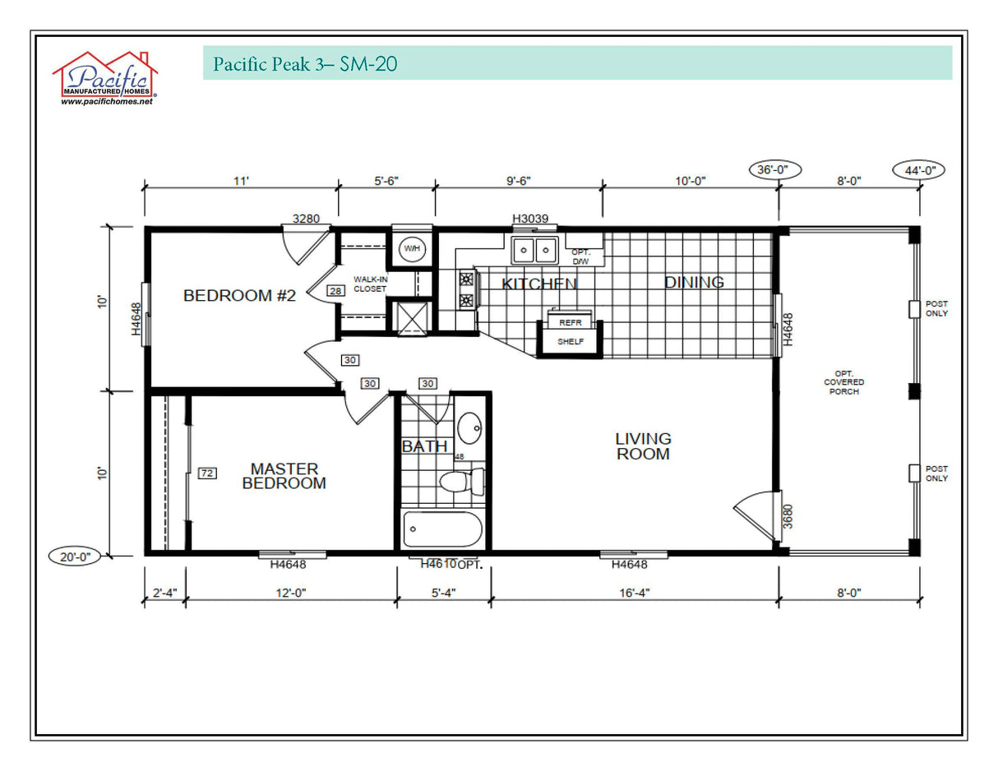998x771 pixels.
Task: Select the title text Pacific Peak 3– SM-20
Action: (x=306, y=64)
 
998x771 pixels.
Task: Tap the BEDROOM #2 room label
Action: (x=239, y=295)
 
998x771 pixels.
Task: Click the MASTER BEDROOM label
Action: (x=284, y=476)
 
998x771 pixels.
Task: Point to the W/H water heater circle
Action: (x=411, y=248)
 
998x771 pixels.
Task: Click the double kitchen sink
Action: (x=534, y=249)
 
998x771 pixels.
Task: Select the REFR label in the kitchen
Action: (x=570, y=323)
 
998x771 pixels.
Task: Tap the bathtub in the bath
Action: (x=442, y=530)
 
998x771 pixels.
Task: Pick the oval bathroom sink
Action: (x=470, y=428)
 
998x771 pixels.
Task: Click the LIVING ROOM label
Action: (x=643, y=446)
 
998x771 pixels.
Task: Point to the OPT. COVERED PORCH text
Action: (x=844, y=382)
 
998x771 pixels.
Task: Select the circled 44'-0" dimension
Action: (x=918, y=170)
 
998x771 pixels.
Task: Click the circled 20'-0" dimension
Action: (x=75, y=556)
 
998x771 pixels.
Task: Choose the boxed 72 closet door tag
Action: (x=206, y=473)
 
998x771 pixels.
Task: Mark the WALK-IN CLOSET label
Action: (x=370, y=284)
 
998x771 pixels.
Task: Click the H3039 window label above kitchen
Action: (x=534, y=219)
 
